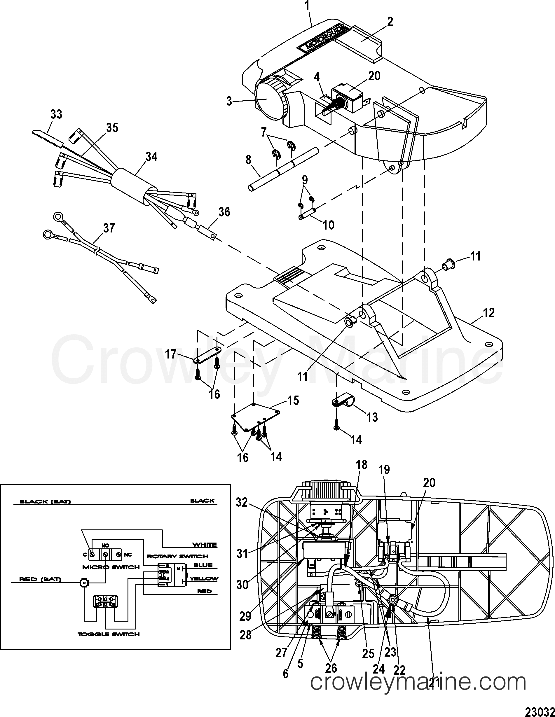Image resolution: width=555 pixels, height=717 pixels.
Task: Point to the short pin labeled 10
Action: (307, 214)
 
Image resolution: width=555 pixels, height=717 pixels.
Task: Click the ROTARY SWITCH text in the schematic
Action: (177, 556)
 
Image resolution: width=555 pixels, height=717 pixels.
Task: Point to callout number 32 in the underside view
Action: (242, 502)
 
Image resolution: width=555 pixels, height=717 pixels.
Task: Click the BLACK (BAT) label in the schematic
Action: (45, 502)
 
